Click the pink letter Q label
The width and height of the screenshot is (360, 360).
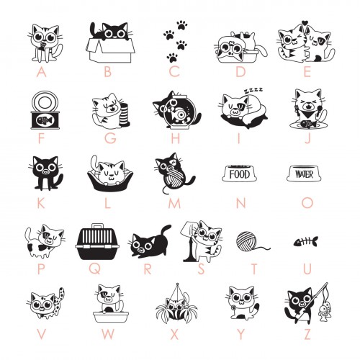(x=96, y=269)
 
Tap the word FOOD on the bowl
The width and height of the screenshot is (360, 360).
(x=239, y=174)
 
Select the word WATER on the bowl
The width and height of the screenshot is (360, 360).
(x=304, y=174)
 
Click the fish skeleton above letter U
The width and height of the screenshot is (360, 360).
(x=305, y=242)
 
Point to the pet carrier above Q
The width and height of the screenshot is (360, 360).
(x=97, y=242)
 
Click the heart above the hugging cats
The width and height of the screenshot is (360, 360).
(x=305, y=23)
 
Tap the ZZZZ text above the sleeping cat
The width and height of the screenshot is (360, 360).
(x=253, y=91)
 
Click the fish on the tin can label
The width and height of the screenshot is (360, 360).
(x=45, y=120)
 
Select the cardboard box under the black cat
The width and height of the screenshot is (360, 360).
(x=111, y=50)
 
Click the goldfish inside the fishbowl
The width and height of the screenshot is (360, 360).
(x=179, y=113)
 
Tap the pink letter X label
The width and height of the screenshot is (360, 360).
(x=174, y=334)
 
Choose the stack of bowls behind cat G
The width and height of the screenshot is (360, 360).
(x=125, y=114)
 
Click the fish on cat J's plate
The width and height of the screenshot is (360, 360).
(x=307, y=124)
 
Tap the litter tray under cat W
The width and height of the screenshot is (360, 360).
(x=111, y=317)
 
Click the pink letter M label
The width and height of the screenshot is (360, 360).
(x=174, y=204)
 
